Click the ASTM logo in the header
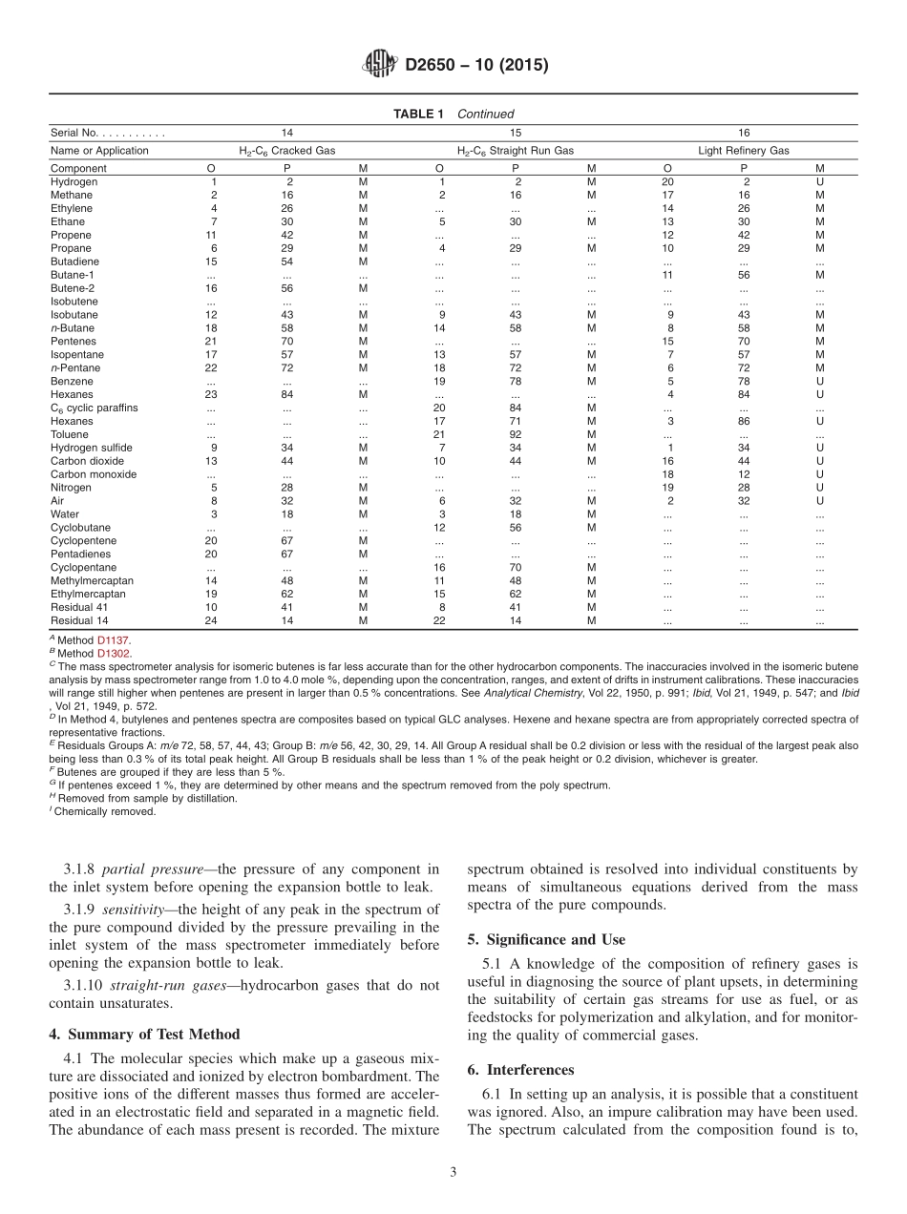click(380, 66)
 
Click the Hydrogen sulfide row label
click(92, 448)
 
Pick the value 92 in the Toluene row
click(516, 434)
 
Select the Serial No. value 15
click(516, 134)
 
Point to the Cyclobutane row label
click(80, 527)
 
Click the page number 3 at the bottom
click(453, 1173)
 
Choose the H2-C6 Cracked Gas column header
click(286, 151)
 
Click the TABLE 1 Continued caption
click(453, 114)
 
